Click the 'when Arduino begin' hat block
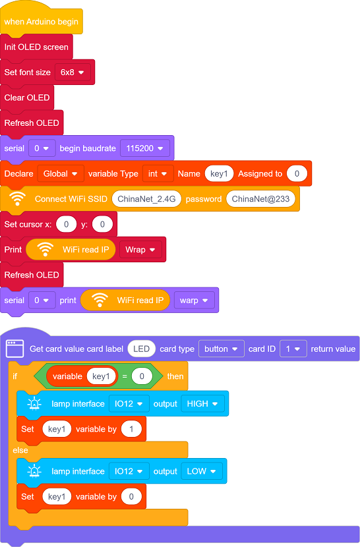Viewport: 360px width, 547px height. click(41, 22)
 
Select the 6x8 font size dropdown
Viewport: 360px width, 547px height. click(73, 72)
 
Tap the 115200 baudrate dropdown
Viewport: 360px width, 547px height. click(145, 148)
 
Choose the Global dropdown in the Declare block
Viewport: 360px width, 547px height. click(61, 174)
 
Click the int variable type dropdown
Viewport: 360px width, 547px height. click(158, 174)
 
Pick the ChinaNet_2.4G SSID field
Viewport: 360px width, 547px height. click(146, 199)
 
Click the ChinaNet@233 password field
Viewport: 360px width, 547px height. click(260, 199)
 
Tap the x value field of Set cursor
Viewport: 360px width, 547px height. click(67, 224)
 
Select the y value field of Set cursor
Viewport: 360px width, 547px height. click(102, 224)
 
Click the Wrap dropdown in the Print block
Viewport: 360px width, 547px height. click(140, 250)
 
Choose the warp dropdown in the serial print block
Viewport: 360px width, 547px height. click(194, 301)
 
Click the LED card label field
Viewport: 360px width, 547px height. click(141, 349)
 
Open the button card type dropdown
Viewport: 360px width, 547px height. click(222, 349)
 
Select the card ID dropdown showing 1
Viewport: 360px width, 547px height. click(293, 349)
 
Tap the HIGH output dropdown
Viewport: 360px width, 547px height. click(202, 403)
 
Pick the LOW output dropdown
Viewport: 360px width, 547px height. click(202, 471)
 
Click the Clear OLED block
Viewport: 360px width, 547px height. click(27, 98)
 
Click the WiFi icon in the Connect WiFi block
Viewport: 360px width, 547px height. click(17, 198)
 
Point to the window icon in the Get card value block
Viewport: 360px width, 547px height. click(15, 349)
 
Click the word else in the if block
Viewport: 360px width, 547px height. click(20, 450)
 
